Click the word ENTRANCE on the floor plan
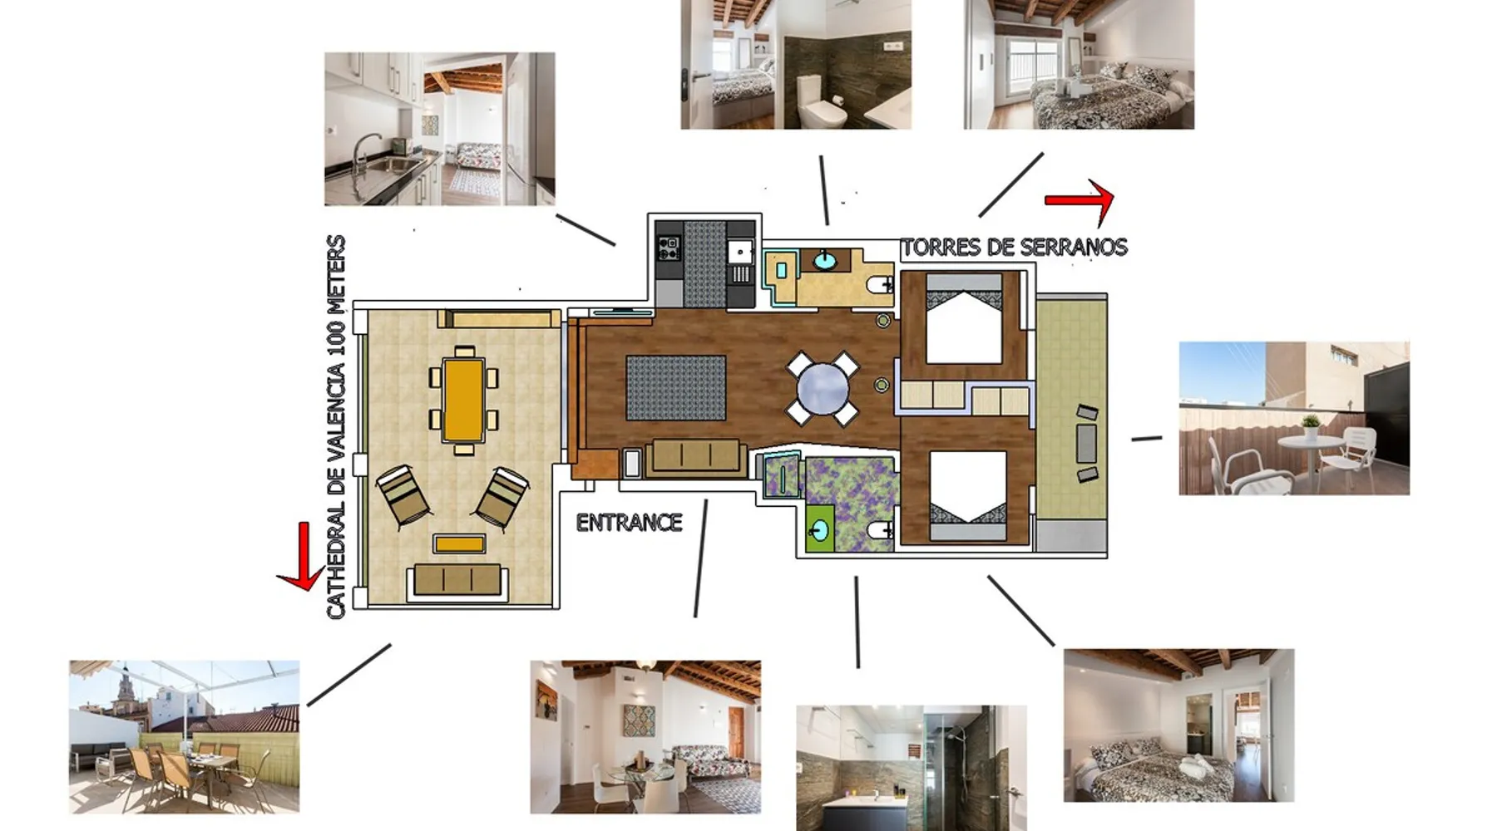tap(629, 523)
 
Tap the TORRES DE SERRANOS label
tap(1015, 247)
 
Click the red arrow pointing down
tap(302, 558)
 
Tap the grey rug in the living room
tap(676, 387)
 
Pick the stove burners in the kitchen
tap(669, 247)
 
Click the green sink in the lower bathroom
tap(821, 529)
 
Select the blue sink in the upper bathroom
tap(825, 261)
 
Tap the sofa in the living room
tap(695, 457)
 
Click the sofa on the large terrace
tap(457, 580)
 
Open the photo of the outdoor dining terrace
tap(184, 737)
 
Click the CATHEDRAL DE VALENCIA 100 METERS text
tap(335, 427)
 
